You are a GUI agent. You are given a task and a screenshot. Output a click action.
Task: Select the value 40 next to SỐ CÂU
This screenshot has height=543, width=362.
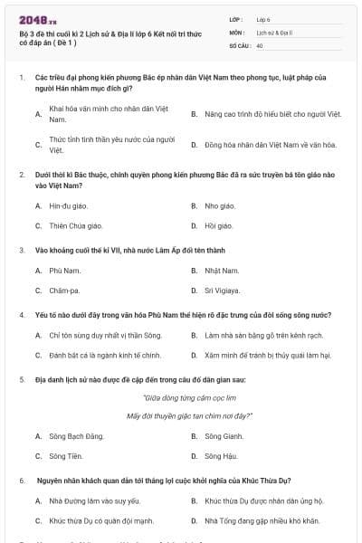(x=260, y=45)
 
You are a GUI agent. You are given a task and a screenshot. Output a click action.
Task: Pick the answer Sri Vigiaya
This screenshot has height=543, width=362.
(x=223, y=291)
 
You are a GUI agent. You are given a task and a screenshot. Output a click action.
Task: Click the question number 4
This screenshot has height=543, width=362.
(x=22, y=315)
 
